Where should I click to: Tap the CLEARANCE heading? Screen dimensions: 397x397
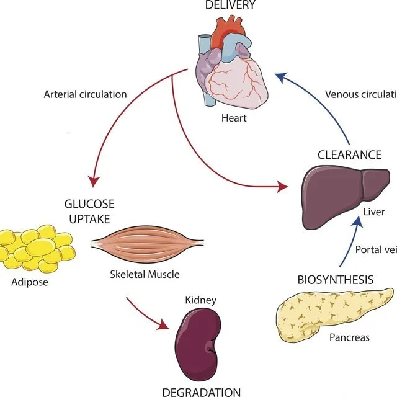pyautogui.click(x=349, y=154)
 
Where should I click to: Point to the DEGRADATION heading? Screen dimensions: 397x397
pyautogui.click(x=201, y=391)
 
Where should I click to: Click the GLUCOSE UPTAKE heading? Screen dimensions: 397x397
pyautogui.click(x=90, y=211)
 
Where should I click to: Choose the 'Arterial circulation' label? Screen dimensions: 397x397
pyautogui.click(x=85, y=95)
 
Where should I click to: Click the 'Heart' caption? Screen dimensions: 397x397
pyautogui.click(x=234, y=117)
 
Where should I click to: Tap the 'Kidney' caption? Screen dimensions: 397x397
pyautogui.click(x=200, y=300)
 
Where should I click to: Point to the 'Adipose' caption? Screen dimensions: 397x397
pyautogui.click(x=29, y=283)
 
